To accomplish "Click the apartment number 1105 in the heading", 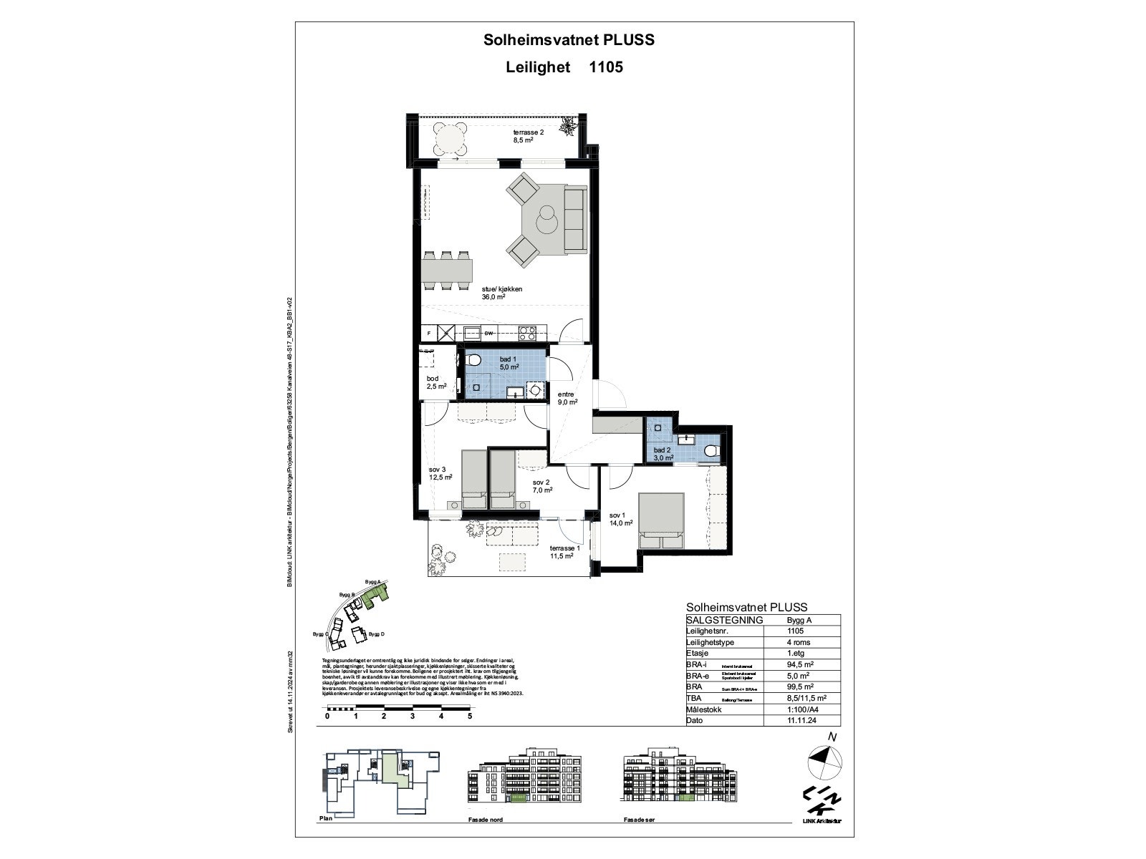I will click(x=605, y=67).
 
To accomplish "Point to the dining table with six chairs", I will click(x=447, y=271).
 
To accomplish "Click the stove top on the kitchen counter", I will click(x=527, y=333).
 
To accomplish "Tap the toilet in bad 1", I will click(x=474, y=360).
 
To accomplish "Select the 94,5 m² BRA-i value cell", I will click(x=799, y=664).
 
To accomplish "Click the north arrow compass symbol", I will click(x=824, y=761).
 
